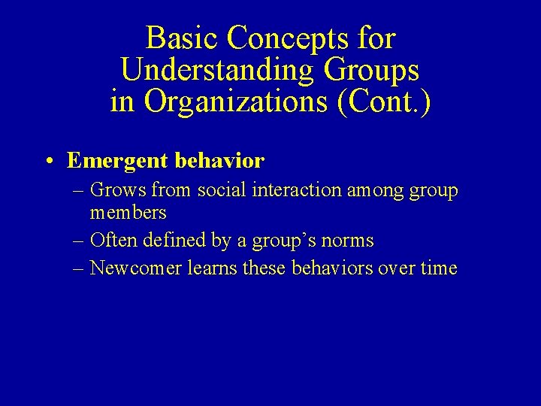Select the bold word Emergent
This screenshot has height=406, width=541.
[x=116, y=161]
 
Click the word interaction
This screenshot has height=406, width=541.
[x=295, y=191]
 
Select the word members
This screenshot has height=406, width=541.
[x=128, y=213]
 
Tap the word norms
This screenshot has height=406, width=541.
[x=349, y=241]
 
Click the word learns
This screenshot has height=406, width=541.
[x=210, y=268]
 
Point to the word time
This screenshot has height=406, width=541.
[x=439, y=268]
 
